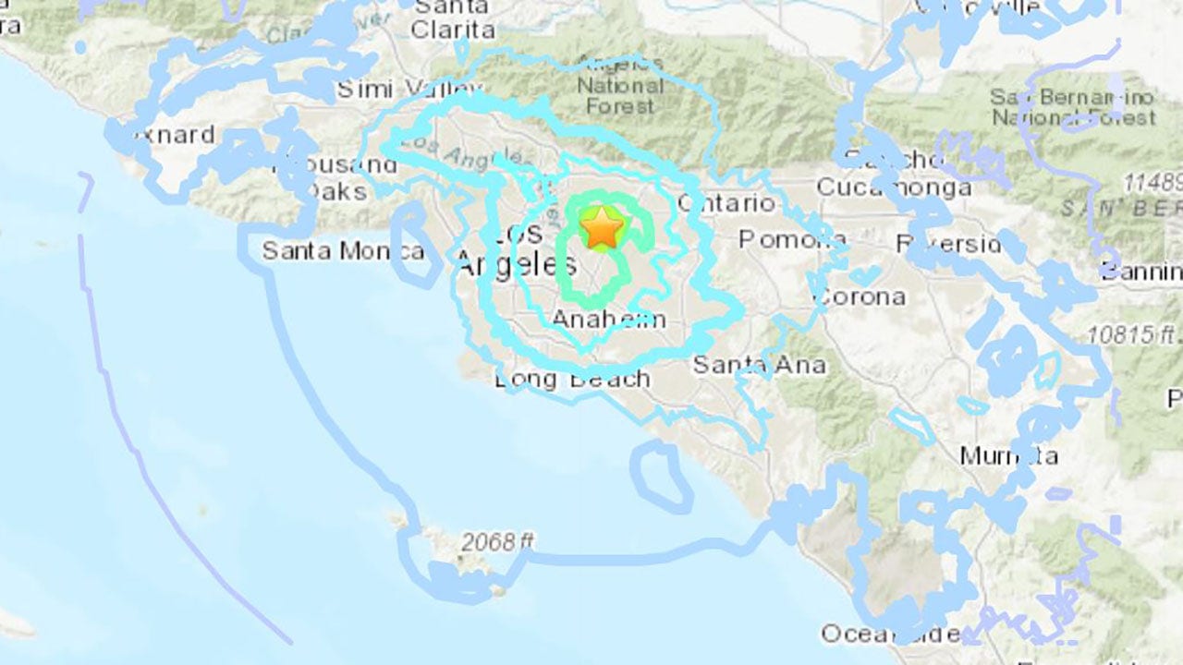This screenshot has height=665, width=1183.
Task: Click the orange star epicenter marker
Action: click(x=602, y=227)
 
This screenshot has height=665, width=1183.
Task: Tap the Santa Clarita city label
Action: click(x=453, y=18)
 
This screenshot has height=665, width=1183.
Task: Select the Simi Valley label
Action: click(x=407, y=90)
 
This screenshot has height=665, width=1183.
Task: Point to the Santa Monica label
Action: click(x=342, y=250)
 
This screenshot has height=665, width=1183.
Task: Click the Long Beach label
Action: click(x=572, y=379)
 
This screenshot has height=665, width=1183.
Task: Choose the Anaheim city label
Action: click(x=608, y=320)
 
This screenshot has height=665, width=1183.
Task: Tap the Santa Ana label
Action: click(x=759, y=365)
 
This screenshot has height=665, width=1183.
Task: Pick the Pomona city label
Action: click(x=792, y=240)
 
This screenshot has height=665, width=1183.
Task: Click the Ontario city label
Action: click(x=726, y=203)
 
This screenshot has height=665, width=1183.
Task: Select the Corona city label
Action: click(x=859, y=297)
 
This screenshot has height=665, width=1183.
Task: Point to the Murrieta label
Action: click(x=1008, y=455)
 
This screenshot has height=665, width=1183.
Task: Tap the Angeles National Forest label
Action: click(x=620, y=87)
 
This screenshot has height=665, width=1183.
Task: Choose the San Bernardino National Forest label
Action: click(x=1073, y=107)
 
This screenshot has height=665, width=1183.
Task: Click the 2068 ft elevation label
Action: click(x=498, y=542)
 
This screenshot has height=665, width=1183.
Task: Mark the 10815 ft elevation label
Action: click(x=1133, y=334)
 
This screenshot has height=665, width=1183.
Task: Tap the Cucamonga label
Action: click(x=894, y=187)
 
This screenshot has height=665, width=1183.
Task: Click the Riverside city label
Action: click(x=948, y=245)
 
